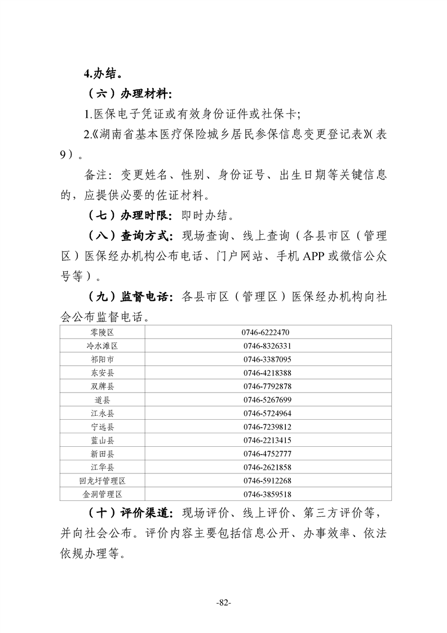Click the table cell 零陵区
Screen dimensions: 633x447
(x=102, y=332)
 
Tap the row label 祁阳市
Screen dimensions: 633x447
(x=102, y=359)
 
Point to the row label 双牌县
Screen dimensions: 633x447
(x=102, y=386)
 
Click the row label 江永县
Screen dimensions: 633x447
(x=102, y=414)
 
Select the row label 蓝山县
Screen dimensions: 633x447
(x=102, y=440)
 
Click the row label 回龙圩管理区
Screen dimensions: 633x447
(x=102, y=481)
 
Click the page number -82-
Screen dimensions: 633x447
(x=224, y=603)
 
